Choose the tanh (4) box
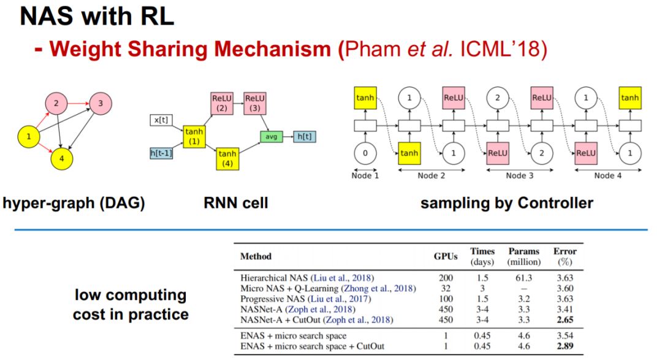coord(227,158)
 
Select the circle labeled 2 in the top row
coord(498,98)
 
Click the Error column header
coord(564,256)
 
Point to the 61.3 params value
coord(523,278)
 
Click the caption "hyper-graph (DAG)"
coord(74,203)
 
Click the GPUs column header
coord(446,256)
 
